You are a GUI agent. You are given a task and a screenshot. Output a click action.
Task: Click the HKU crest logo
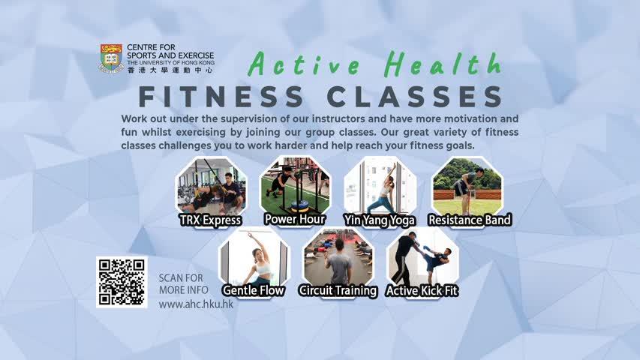pos(112,58)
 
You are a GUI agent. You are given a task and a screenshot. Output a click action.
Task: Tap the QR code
pos(122,282)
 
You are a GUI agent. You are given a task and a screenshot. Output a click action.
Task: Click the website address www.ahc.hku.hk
pos(196,304)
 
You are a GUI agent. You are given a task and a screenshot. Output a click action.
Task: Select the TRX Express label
pos(211,220)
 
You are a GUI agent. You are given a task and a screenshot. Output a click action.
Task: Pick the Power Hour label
pos(295,219)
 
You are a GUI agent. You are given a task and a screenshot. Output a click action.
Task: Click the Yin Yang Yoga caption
pos(380,220)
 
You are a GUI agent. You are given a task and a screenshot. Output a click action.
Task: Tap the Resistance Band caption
pos(470,220)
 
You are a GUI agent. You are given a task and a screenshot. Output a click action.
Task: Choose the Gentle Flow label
pos(253,290)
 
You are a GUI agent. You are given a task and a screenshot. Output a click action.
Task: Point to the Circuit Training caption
pos(338,290)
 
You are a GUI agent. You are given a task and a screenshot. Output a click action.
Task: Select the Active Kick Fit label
pos(422,290)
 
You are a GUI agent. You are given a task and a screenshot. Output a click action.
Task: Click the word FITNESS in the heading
pos(221,97)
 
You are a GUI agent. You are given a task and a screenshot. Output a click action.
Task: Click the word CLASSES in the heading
pos(414,97)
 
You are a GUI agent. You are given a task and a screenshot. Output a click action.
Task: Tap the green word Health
pos(443,64)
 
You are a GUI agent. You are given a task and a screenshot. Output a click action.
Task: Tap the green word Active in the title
pos(304,64)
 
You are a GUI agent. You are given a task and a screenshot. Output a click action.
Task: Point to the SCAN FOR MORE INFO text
pos(183,284)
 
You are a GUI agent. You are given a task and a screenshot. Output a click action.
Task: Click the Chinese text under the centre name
pos(170,70)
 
